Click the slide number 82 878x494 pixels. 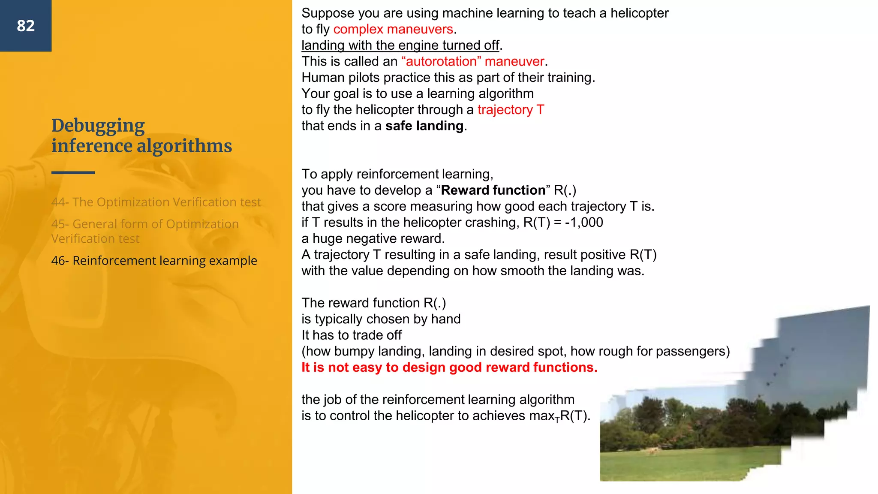[26, 26]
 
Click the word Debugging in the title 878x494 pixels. [98, 126]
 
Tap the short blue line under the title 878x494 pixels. [73, 172]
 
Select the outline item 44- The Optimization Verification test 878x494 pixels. [156, 202]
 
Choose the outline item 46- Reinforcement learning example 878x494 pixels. [154, 261]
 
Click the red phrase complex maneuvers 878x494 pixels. [393, 29]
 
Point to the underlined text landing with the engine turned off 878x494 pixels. [400, 45]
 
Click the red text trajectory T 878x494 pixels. [511, 110]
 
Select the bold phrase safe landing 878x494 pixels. [424, 126]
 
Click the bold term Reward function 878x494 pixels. [493, 190]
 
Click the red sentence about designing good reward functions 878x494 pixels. [449, 367]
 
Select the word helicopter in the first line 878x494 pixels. [639, 13]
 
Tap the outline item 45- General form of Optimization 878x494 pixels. [145, 224]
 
